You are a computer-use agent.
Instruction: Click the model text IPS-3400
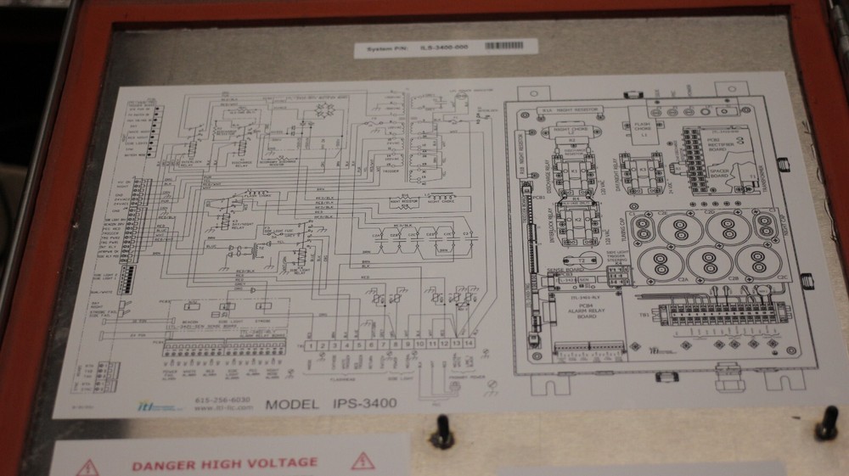click(331, 404)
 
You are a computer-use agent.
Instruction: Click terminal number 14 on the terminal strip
click(469, 344)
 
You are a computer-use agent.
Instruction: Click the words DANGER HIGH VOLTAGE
click(224, 463)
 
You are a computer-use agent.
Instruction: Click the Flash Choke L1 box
click(643, 129)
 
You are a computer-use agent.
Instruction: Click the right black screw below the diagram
click(826, 423)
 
